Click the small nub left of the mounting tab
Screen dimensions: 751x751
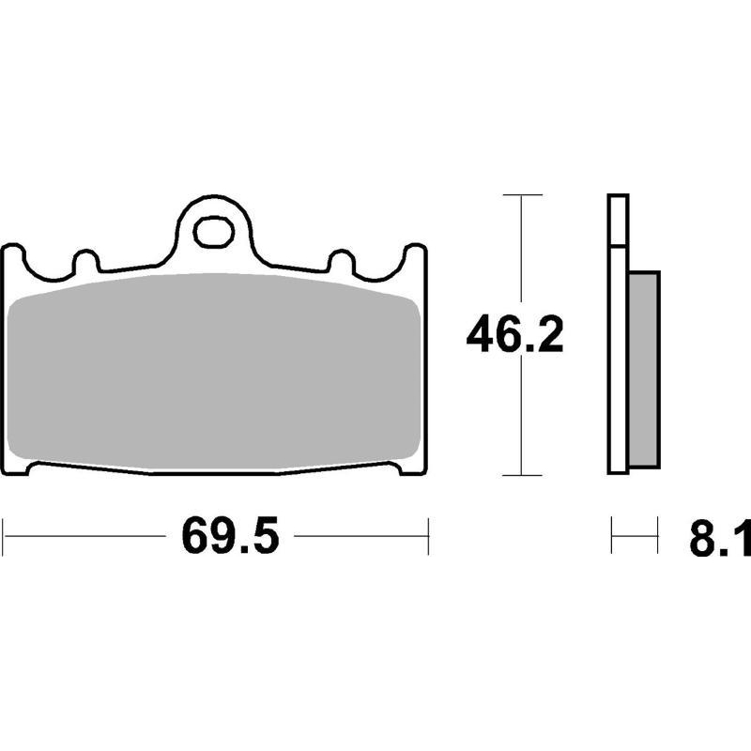point(85,262)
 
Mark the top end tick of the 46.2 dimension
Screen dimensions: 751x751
point(523,195)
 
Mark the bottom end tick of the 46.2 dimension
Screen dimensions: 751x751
point(523,475)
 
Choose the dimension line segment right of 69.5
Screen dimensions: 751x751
point(361,536)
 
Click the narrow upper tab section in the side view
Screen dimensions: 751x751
point(616,221)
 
